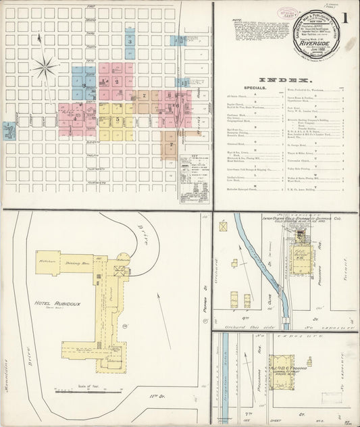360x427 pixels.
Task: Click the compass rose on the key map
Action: click(x=45, y=68)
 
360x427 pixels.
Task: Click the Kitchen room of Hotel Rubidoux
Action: click(x=47, y=259)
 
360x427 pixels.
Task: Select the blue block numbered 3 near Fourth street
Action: click(x=130, y=42)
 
